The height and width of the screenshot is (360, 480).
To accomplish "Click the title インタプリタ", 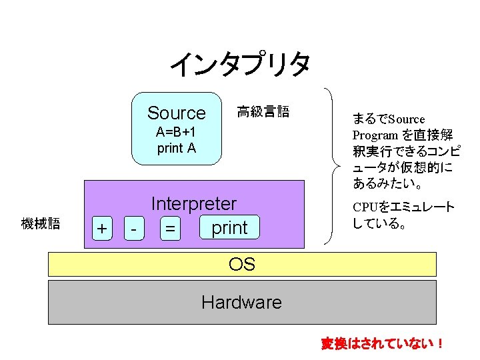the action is tap(240, 64).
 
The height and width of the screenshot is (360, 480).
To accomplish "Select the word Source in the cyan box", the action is tap(176, 113).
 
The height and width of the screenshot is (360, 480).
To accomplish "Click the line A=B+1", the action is tap(176, 132).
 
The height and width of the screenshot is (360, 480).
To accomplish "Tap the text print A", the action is tap(176, 149).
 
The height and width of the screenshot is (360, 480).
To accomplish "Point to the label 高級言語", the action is tap(263, 111).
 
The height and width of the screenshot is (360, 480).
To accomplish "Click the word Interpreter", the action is tap(194, 203).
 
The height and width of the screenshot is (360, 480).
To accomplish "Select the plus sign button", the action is tap(102, 229).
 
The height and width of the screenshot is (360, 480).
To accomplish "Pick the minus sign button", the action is tap(134, 229).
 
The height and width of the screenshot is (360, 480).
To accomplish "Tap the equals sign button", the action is tap(170, 229).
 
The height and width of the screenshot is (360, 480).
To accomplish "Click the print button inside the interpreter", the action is tap(229, 227).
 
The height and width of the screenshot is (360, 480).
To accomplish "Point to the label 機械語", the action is tap(41, 223).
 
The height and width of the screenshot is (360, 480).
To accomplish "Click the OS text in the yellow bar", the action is tap(242, 264).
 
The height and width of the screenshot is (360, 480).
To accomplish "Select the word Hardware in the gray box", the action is tap(242, 302).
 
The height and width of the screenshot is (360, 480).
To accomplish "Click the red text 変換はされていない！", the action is tap(382, 343).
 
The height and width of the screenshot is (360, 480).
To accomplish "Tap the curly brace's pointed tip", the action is tap(340, 167).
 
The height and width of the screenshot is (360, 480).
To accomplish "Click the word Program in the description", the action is tap(375, 135).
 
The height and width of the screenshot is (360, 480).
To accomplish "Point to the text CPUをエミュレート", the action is tap(403, 207).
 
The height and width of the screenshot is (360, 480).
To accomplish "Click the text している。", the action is tap(379, 223).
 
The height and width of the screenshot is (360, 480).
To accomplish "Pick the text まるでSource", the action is tap(389, 119).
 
